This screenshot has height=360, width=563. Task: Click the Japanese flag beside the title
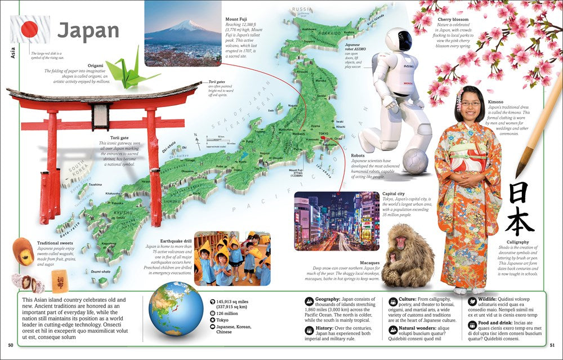[x=30, y=29]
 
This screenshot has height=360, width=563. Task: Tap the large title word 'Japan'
[x=88, y=30]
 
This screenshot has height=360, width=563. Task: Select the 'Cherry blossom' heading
[x=452, y=19]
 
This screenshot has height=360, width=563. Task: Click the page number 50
[x=10, y=345]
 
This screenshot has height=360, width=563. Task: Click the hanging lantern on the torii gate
[x=101, y=117]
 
